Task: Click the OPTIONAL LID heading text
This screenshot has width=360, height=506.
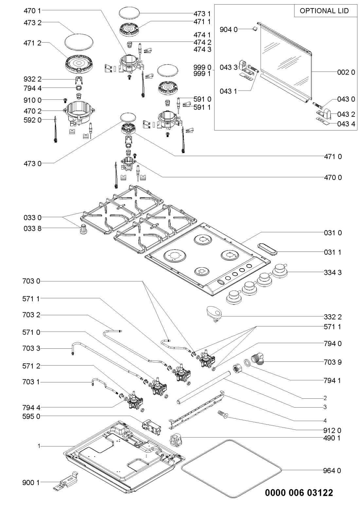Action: pyautogui.click(x=324, y=11)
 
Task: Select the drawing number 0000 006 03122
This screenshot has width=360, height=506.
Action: pyautogui.click(x=299, y=493)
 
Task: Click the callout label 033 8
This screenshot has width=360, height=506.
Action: pyautogui.click(x=32, y=228)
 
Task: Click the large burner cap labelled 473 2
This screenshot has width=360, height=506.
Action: pyautogui.click(x=79, y=42)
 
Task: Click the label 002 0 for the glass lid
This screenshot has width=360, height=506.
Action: pyautogui.click(x=346, y=72)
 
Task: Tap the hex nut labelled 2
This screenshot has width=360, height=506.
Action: pyautogui.click(x=237, y=369)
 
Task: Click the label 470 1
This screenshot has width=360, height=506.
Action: pyautogui.click(x=32, y=10)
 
